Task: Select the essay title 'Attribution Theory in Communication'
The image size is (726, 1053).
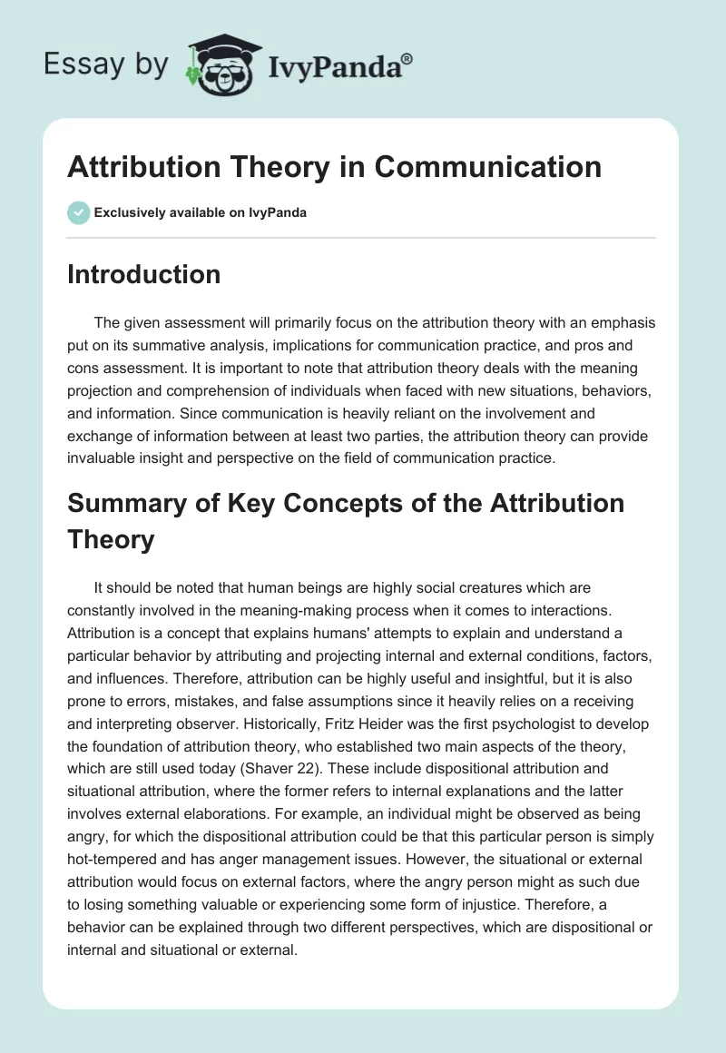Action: point(334,167)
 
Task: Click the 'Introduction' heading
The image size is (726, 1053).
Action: point(143,274)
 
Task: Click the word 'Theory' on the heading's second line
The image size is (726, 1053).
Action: point(111,540)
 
